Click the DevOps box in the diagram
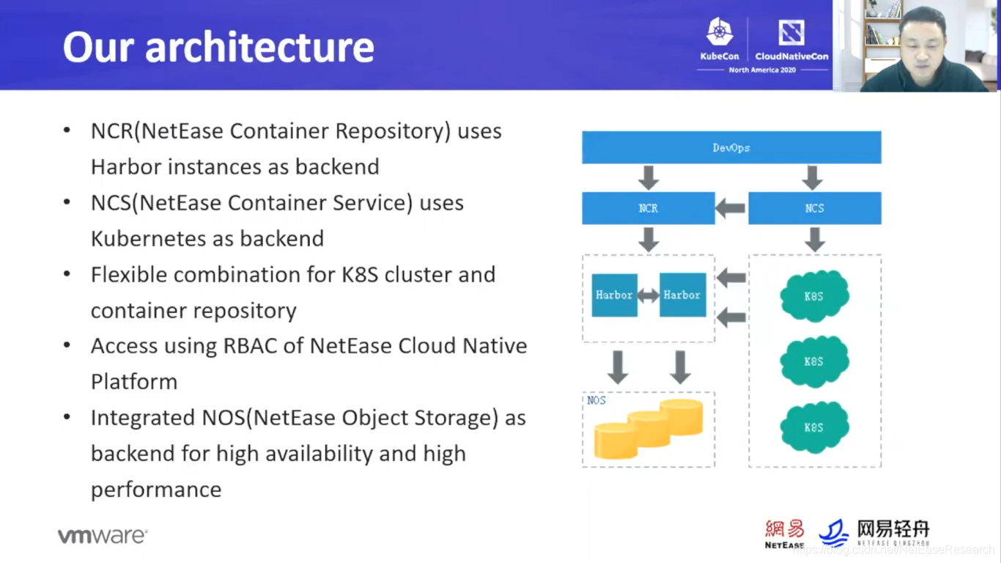[x=731, y=147]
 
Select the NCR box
[x=649, y=208]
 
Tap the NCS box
[x=815, y=208]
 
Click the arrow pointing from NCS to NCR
[x=731, y=208]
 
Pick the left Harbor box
[x=615, y=295]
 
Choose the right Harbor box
[x=683, y=295]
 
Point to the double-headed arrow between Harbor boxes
[x=649, y=295]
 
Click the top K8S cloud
[x=814, y=295]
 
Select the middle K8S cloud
[x=814, y=361]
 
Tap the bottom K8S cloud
[x=814, y=427]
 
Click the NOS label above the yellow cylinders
[x=596, y=400]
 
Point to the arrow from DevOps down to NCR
[x=649, y=177]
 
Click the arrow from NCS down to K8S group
[x=815, y=240]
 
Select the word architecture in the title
[x=259, y=47]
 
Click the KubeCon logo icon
[x=720, y=32]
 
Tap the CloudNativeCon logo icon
[x=791, y=32]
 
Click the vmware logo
[x=103, y=535]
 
